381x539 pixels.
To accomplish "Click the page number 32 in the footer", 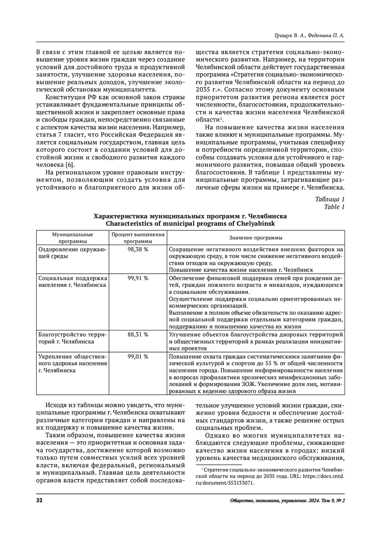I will (40, 501).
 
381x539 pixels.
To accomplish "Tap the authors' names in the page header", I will (309, 36).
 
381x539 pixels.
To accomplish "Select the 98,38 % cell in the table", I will (138, 250).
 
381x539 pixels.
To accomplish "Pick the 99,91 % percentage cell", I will (138, 278).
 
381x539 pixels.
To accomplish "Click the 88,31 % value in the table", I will (138, 335).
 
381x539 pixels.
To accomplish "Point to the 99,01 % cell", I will (138, 356).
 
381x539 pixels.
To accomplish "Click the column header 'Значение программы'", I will (256, 238).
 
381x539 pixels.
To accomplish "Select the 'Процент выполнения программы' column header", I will (138, 238).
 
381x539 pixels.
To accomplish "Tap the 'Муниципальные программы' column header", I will (72, 238).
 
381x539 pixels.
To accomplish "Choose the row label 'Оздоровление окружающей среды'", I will (72, 253).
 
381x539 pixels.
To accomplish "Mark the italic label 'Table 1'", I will (334, 207).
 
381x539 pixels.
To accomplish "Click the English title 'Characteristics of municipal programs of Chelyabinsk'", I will (190, 224).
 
